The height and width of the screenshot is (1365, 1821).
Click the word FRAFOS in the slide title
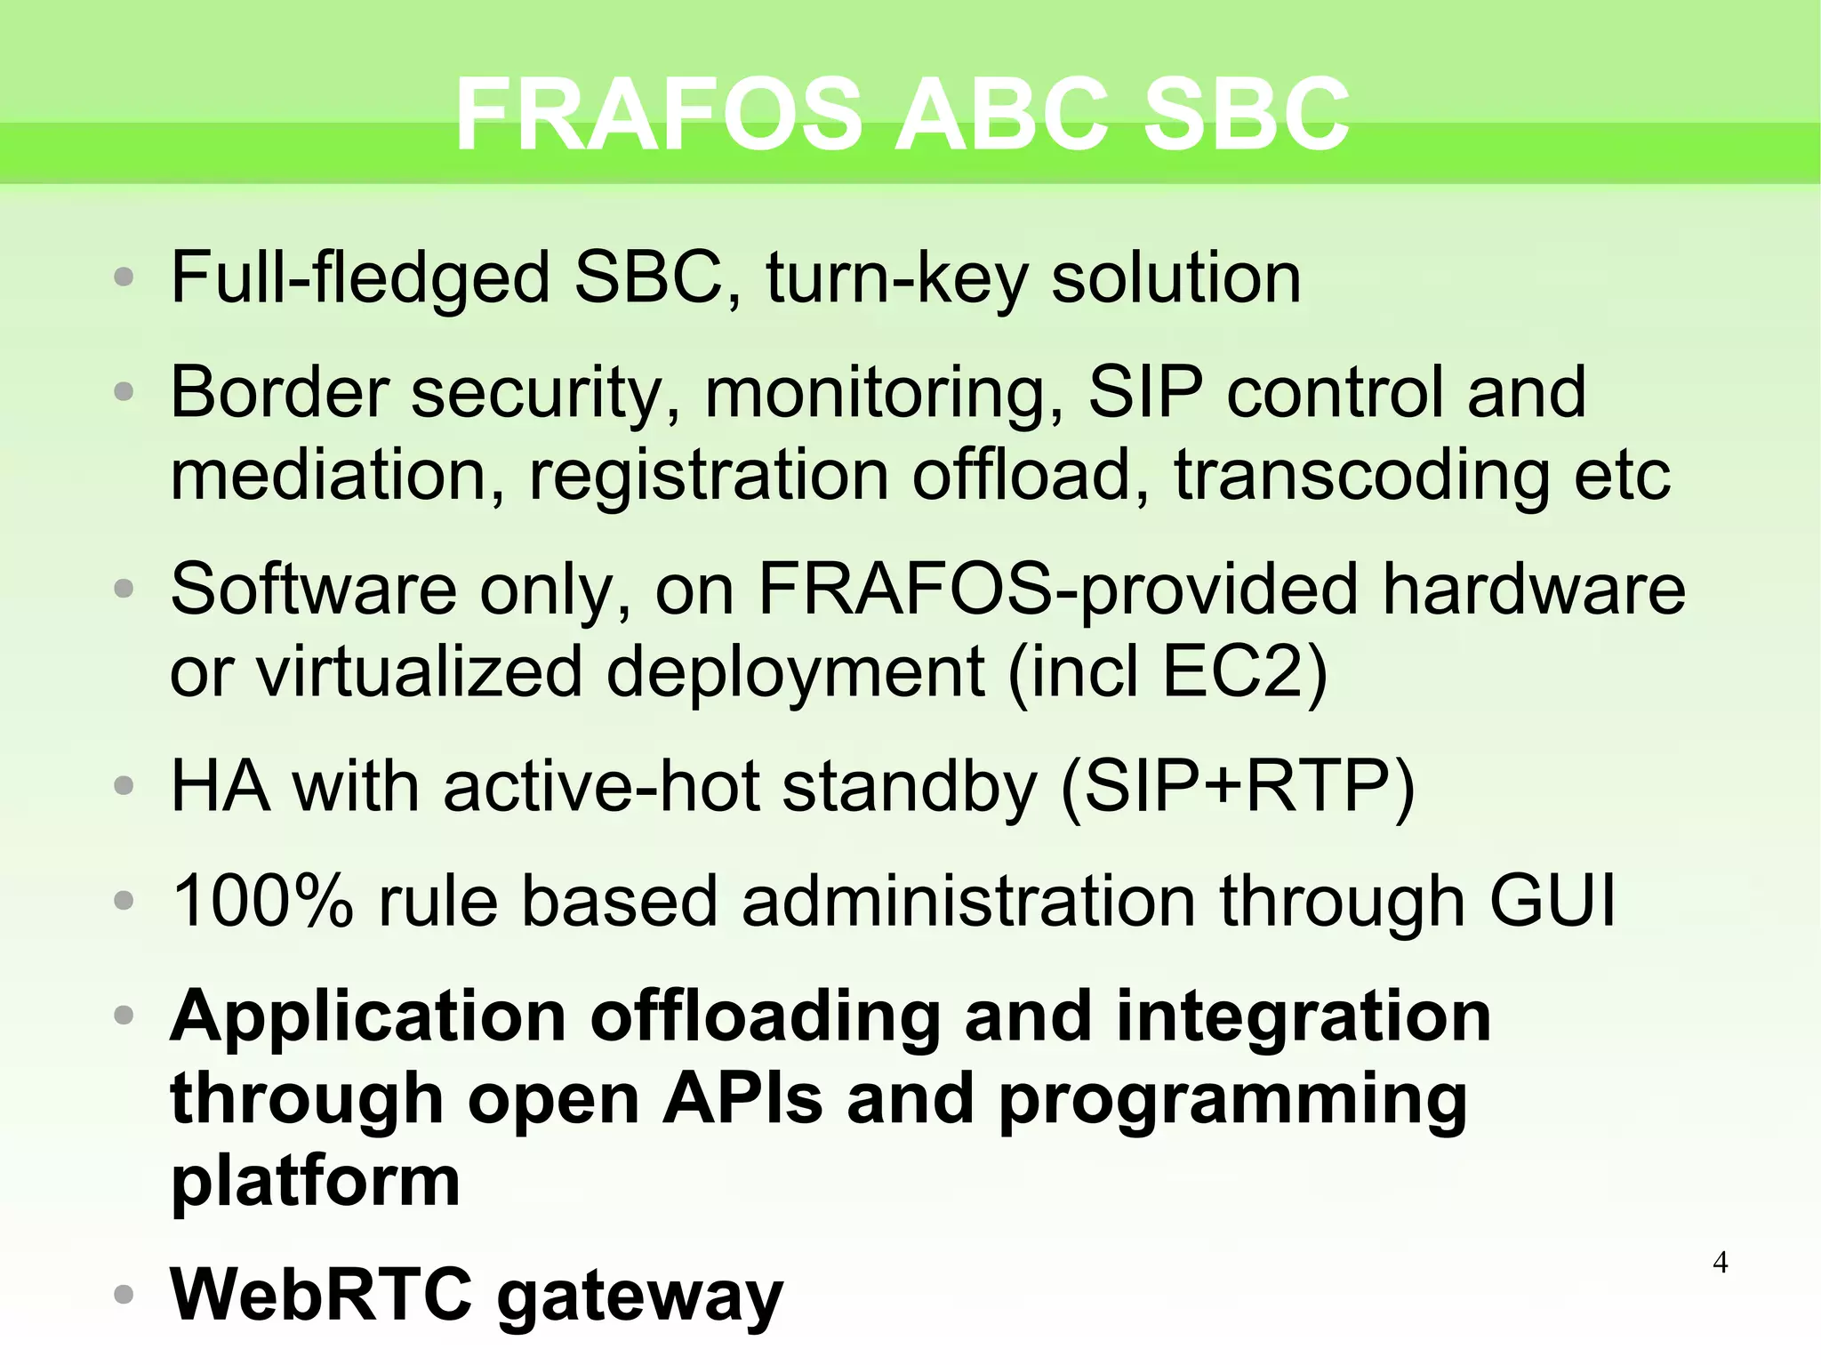pyautogui.click(x=658, y=114)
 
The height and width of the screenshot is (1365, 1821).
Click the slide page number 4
pyautogui.click(x=1720, y=1262)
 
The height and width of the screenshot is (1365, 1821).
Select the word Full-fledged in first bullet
pyautogui.click(x=360, y=278)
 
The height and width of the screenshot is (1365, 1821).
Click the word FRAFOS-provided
pyautogui.click(x=1057, y=590)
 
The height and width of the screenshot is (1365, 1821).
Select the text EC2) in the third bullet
pyautogui.click(x=1245, y=672)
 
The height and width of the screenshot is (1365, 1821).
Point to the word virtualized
pyautogui.click(x=419, y=672)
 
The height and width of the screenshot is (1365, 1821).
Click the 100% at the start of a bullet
pyautogui.click(x=262, y=902)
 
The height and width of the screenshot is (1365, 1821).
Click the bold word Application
pyautogui.click(x=368, y=1017)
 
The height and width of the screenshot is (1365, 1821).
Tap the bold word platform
pyautogui.click(x=315, y=1181)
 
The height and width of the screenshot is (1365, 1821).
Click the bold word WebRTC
pyautogui.click(x=321, y=1295)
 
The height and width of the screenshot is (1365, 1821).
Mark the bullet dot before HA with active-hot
pyautogui.click(x=124, y=787)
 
